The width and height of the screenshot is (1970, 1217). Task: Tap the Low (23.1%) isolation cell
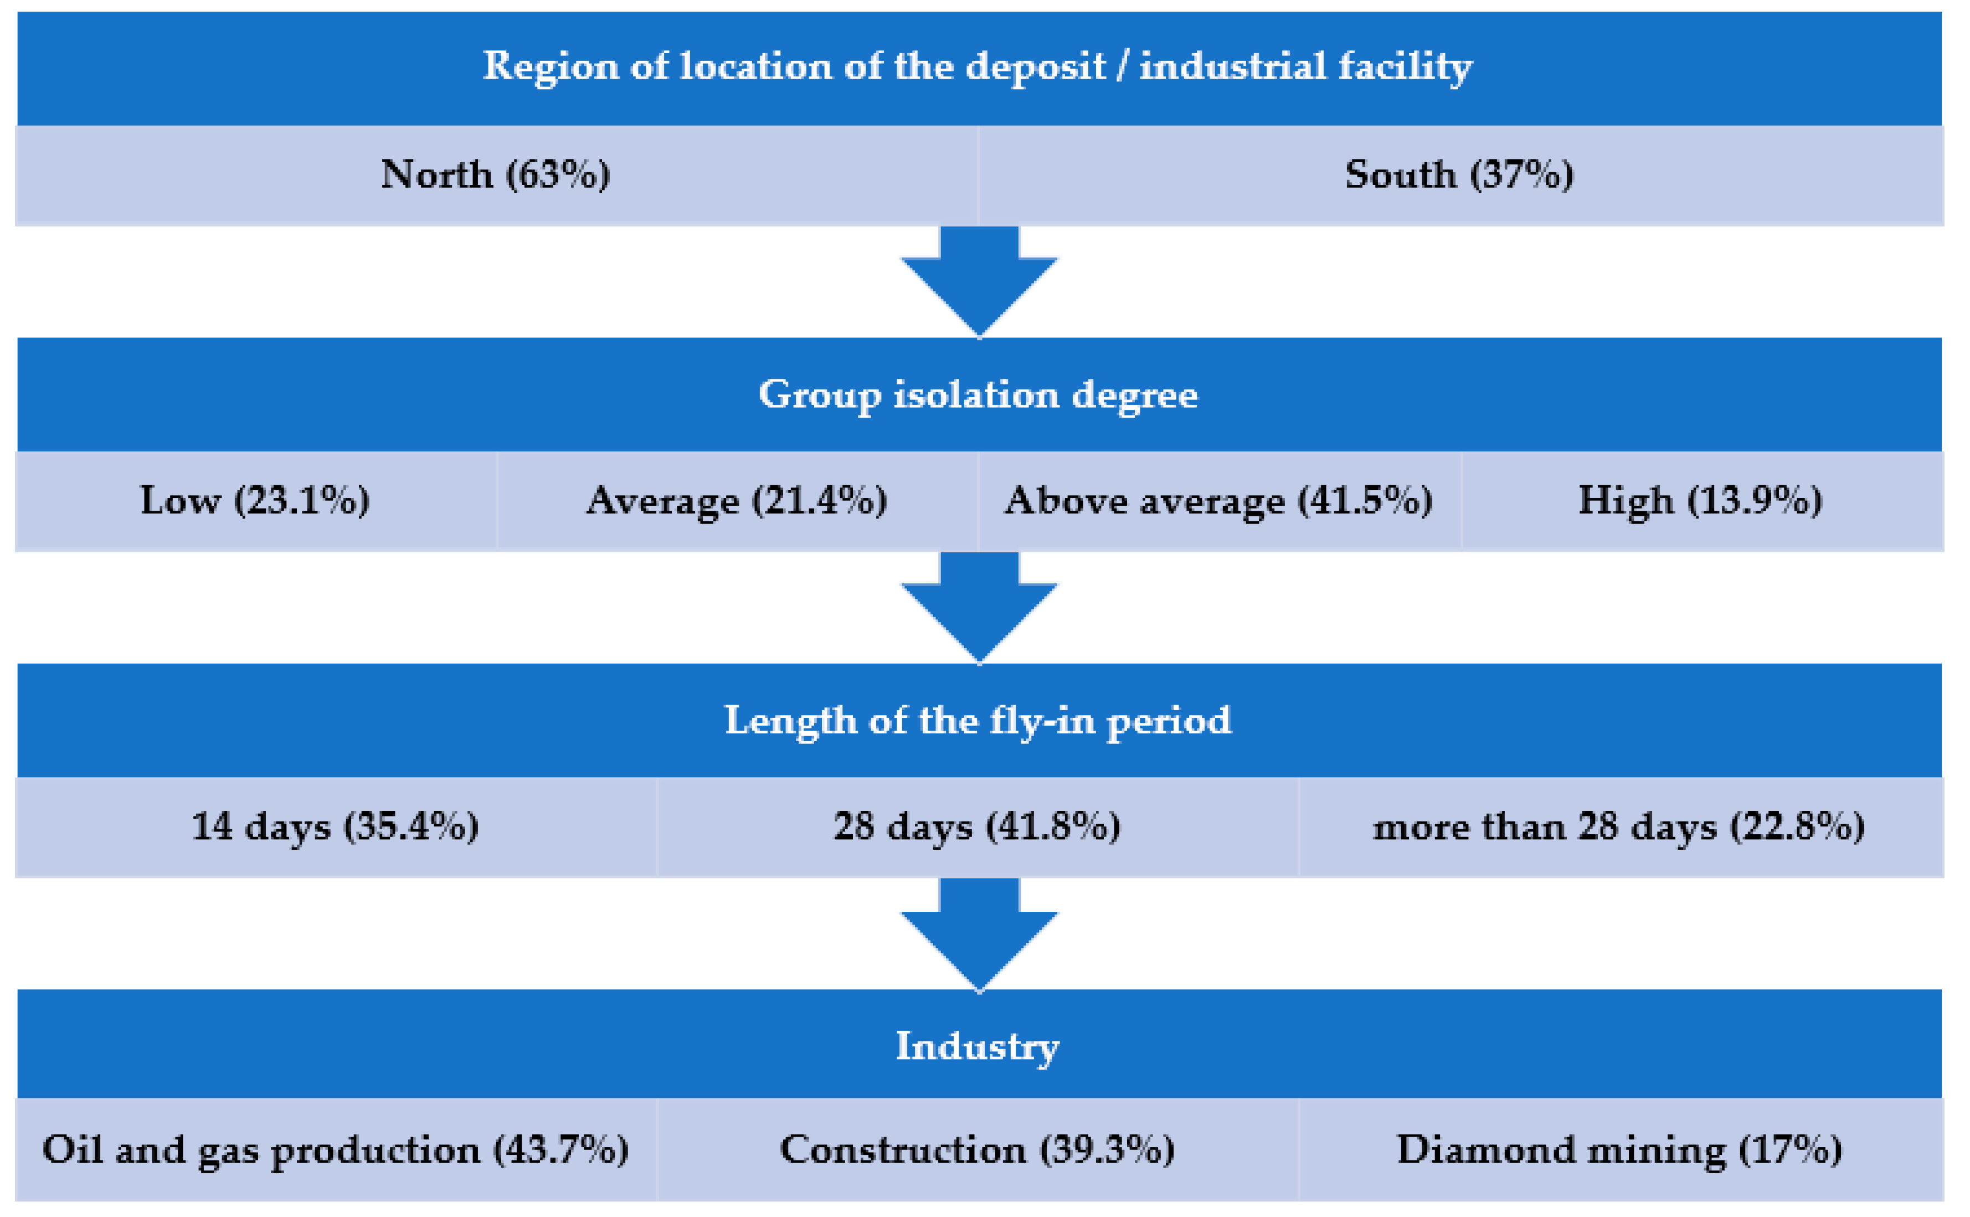[x=255, y=501]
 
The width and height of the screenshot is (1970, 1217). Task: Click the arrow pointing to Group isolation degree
[x=979, y=282]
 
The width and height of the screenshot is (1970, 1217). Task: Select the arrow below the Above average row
[x=979, y=608]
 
